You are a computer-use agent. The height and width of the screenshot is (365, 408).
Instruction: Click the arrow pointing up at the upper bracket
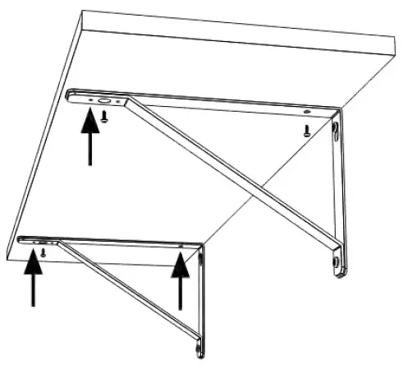coord(88,140)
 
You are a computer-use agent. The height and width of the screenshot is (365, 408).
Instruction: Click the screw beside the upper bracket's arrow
coord(105,117)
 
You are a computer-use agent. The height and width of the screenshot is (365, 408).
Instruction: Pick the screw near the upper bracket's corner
coord(306,131)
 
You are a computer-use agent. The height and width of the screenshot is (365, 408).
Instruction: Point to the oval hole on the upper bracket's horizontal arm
coord(104,102)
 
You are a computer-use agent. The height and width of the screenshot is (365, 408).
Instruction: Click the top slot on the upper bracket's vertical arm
coord(336,131)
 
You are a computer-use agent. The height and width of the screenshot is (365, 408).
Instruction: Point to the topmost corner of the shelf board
coord(86,12)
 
